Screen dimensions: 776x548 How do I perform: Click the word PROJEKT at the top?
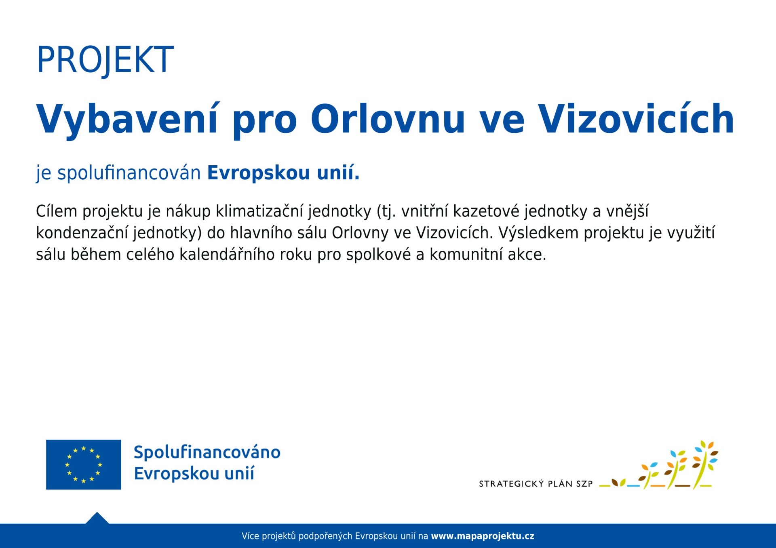click(105, 60)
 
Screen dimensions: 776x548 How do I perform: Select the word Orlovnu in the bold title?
click(388, 119)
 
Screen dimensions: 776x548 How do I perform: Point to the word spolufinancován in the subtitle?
click(129, 173)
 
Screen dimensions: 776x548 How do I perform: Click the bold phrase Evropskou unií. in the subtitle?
click(283, 173)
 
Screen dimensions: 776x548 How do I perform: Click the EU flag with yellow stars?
click(84, 464)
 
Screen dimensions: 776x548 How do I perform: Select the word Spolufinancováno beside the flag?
click(207, 452)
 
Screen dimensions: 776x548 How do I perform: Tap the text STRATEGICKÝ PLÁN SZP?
click(536, 483)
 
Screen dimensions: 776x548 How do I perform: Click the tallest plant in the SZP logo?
click(705, 464)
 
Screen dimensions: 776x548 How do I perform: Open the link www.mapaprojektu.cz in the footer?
click(483, 536)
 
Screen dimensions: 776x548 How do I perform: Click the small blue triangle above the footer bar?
click(97, 518)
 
